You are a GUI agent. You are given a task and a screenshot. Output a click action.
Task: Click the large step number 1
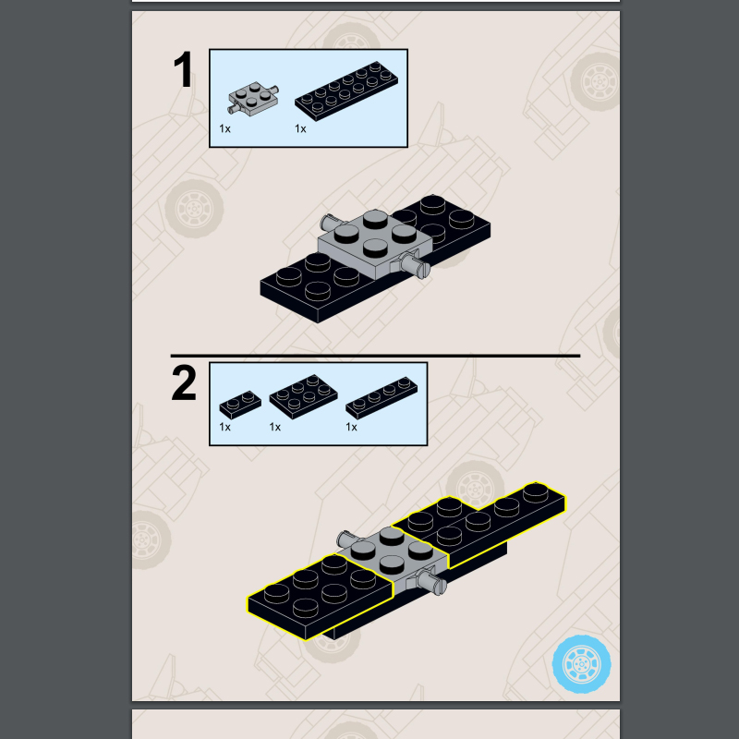click(184, 69)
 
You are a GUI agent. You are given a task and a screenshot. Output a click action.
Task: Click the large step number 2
click(184, 382)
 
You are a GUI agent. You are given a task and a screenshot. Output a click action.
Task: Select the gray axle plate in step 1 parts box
click(253, 98)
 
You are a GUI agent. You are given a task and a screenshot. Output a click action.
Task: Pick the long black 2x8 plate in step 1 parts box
click(346, 91)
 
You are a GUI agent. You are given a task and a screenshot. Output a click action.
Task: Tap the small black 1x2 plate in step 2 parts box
click(240, 405)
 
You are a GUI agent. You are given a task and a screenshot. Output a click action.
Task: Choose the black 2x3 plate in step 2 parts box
click(304, 397)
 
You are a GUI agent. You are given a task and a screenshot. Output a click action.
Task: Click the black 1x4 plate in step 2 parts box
click(382, 398)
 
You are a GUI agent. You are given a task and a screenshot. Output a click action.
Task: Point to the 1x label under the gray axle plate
click(224, 128)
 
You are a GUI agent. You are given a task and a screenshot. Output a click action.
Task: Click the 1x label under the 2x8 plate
click(300, 128)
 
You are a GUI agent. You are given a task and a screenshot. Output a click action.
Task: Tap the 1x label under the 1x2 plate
click(224, 427)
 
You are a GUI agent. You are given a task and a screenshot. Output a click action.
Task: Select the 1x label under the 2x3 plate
click(274, 427)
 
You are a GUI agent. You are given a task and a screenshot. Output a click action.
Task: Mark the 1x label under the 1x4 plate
click(351, 427)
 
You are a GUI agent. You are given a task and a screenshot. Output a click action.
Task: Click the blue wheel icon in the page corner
click(582, 664)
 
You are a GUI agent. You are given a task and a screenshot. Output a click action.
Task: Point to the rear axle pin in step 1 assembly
click(331, 221)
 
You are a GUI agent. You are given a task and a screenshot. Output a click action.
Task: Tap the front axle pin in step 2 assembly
click(431, 583)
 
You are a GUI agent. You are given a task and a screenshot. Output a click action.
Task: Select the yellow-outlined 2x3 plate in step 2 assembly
click(321, 597)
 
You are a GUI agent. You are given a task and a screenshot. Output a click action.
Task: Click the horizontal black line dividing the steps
click(375, 356)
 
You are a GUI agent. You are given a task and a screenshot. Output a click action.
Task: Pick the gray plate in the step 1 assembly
click(375, 243)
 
